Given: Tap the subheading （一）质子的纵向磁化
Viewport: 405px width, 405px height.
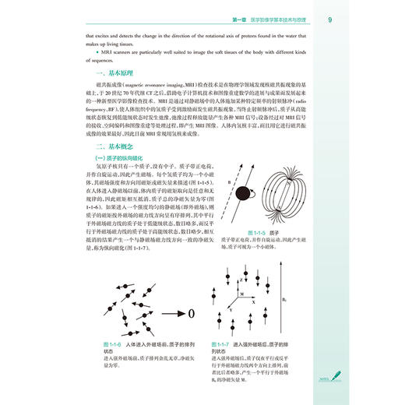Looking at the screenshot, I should pyautogui.click(x=121, y=180).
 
